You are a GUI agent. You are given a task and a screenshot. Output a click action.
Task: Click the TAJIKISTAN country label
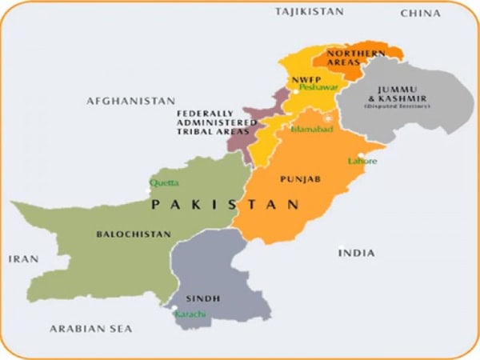click(x=310, y=11)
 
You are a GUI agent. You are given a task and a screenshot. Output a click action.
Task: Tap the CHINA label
click(x=421, y=13)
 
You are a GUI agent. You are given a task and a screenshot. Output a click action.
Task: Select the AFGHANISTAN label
click(x=130, y=101)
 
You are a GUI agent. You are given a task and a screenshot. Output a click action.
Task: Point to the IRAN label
click(x=22, y=259)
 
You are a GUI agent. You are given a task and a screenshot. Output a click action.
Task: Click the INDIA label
click(x=356, y=253)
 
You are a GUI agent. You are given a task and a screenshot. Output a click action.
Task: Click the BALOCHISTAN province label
click(x=134, y=234)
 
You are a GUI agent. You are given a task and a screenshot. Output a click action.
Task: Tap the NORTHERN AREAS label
click(x=356, y=58)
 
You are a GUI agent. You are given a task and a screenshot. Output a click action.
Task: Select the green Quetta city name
click(x=164, y=182)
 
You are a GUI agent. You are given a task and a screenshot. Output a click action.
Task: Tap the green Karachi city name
click(x=190, y=316)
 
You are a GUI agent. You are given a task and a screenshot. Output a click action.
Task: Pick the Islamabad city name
click(x=310, y=128)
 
